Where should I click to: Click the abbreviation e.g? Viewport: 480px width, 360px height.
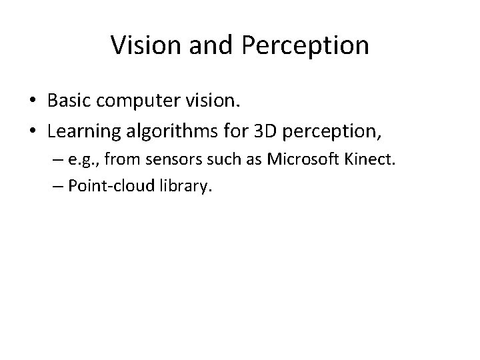(83, 161)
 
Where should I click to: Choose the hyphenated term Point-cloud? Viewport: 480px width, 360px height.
(113, 187)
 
